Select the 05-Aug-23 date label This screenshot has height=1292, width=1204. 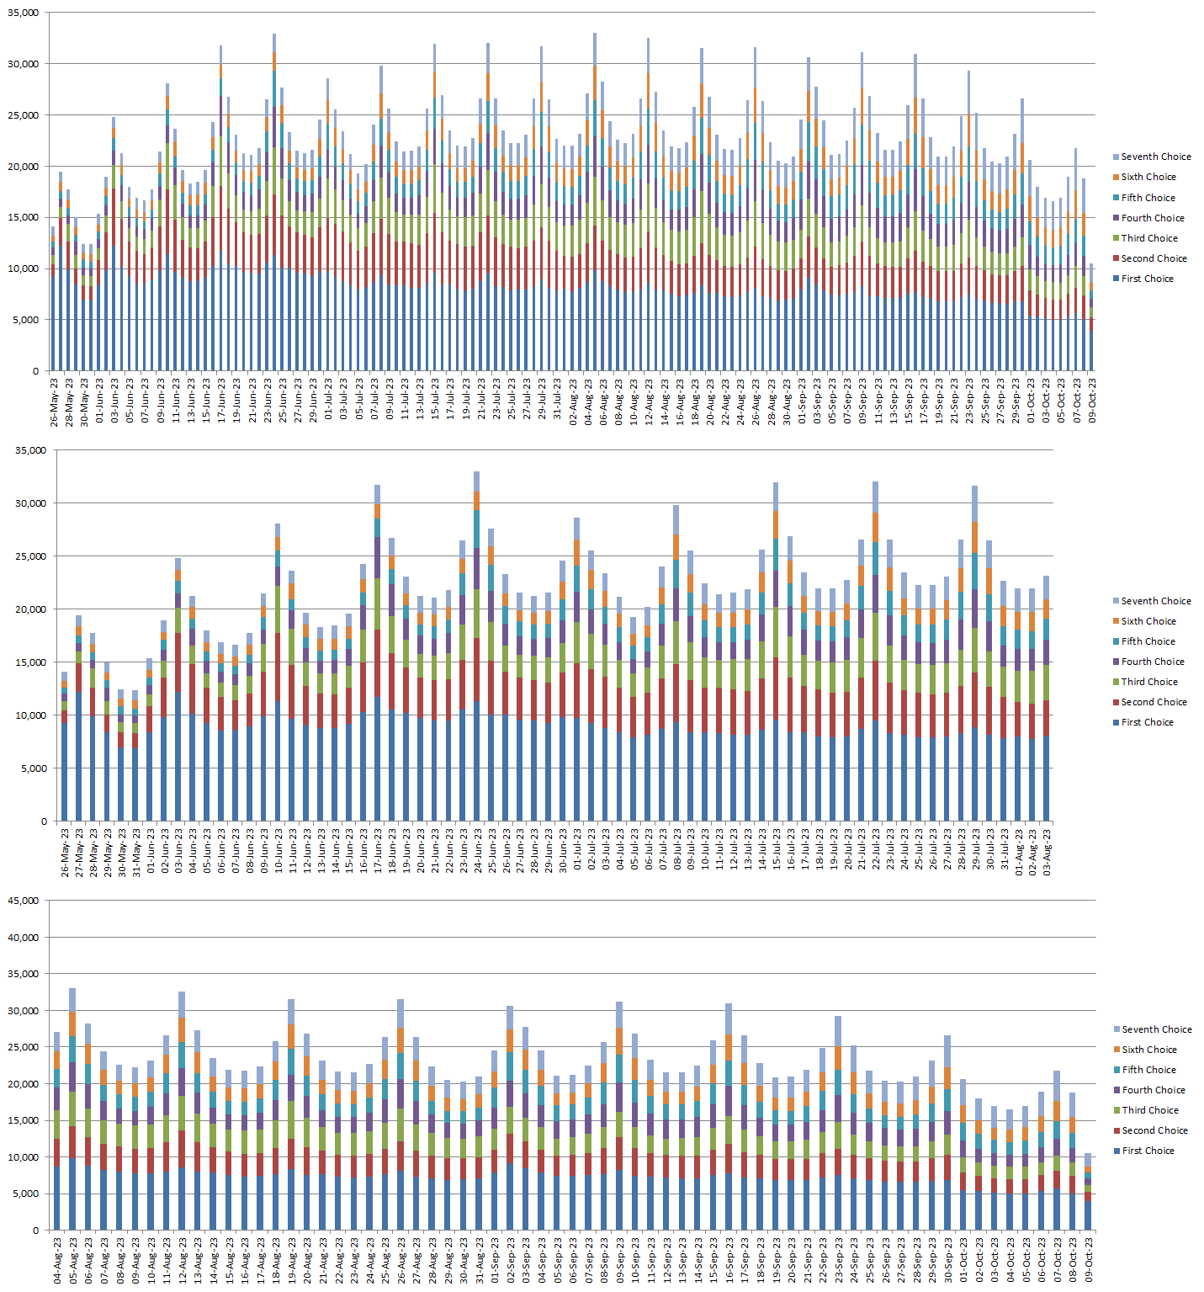[x=73, y=1260]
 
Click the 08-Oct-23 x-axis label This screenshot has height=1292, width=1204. [x=1074, y=1260]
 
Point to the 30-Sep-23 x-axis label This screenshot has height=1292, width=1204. [x=948, y=1260]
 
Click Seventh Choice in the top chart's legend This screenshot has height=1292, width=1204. [x=1155, y=157]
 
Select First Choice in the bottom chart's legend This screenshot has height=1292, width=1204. [x=1148, y=1151]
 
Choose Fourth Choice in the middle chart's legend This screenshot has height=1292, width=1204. [x=1152, y=662]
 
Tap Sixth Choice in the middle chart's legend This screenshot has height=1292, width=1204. [x=1148, y=621]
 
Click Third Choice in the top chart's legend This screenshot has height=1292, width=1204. [x=1149, y=238]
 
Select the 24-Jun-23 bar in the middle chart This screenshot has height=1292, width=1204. [x=477, y=648]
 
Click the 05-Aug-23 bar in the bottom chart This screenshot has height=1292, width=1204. [x=72, y=1111]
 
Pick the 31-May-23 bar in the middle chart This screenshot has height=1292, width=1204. [x=135, y=758]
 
